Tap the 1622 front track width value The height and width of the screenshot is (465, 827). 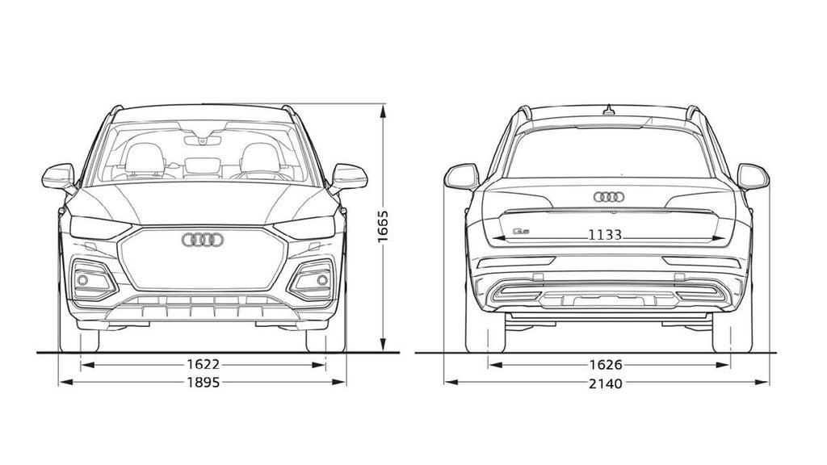click(x=202, y=365)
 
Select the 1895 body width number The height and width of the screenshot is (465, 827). click(x=202, y=383)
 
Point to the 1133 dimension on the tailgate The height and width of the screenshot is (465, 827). click(x=605, y=235)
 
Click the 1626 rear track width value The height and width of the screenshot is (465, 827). click(x=606, y=365)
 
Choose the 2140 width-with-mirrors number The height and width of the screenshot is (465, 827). click(x=606, y=383)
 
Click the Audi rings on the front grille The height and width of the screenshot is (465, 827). click(x=203, y=239)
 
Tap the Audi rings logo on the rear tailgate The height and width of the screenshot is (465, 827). click(x=609, y=196)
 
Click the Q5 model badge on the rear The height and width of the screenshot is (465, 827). click(x=521, y=232)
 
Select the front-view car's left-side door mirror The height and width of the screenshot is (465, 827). click(x=59, y=176)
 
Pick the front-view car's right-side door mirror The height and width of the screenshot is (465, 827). click(x=349, y=176)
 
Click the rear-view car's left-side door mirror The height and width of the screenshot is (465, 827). click(x=461, y=176)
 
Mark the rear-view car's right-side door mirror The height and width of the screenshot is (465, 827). click(x=752, y=176)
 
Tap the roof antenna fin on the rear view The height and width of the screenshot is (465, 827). click(x=609, y=108)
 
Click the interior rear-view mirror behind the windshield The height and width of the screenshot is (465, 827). click(x=202, y=140)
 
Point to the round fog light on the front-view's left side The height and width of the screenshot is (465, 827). click(x=82, y=280)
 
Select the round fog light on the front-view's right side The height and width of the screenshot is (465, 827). click(x=322, y=280)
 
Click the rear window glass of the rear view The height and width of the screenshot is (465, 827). click(x=609, y=153)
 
